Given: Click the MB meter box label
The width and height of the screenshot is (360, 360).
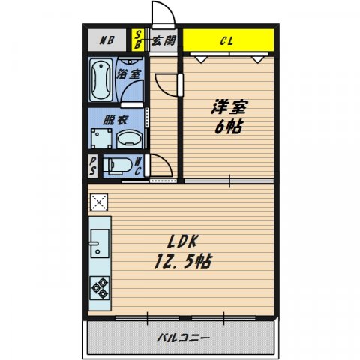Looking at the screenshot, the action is (x=107, y=40).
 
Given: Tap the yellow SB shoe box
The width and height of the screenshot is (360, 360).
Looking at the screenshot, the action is (x=138, y=40).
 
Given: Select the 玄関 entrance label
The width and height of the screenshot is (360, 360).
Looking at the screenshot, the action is (x=164, y=40).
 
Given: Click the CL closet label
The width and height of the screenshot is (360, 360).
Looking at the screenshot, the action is (x=226, y=41).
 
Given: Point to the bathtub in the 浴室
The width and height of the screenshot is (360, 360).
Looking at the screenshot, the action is (x=100, y=79).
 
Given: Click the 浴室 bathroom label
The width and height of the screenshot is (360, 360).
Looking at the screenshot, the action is (x=129, y=73).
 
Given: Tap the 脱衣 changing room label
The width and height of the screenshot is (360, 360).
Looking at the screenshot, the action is (x=115, y=120).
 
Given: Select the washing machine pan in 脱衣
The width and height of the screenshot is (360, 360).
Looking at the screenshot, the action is (x=101, y=138).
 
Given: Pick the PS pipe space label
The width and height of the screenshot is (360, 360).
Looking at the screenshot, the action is (x=93, y=166).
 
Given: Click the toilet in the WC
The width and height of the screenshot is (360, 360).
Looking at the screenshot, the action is (x=118, y=165).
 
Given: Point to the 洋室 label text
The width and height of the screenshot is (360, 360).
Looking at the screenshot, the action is (x=229, y=107).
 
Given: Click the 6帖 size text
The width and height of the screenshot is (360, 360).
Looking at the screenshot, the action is (x=229, y=127).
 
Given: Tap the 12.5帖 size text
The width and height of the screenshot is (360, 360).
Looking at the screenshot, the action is (x=183, y=261).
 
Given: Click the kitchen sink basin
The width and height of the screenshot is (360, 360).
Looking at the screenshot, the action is (x=100, y=244).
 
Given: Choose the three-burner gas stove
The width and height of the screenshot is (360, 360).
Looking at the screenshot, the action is (x=100, y=288).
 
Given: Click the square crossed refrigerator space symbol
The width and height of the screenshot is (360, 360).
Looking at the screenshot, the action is (x=99, y=202).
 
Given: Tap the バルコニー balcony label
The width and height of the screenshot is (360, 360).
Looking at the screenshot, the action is (x=183, y=338).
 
